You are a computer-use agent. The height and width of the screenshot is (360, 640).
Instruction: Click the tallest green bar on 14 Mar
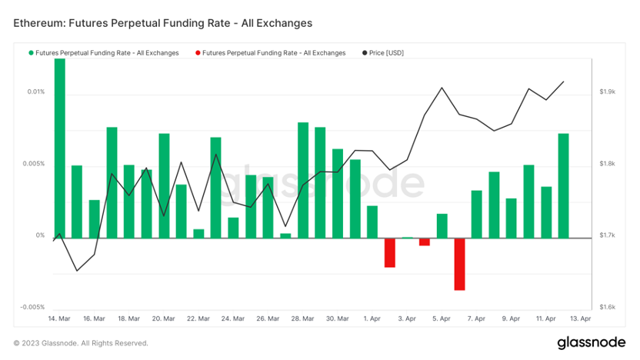pyautogui.click(x=59, y=148)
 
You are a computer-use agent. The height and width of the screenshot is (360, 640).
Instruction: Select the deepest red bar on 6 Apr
pyautogui.click(x=459, y=264)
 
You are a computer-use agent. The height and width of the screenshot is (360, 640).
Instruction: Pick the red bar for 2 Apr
pyautogui.click(x=389, y=252)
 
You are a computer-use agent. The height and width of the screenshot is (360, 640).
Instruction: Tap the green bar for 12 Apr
pyautogui.click(x=564, y=185)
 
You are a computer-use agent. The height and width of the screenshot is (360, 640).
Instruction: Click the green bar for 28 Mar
pyautogui.click(x=303, y=180)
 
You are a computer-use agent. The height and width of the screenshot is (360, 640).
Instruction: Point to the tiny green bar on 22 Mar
pyautogui.click(x=198, y=233)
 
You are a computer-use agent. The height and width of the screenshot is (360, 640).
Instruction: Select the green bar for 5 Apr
pyautogui.click(x=442, y=225)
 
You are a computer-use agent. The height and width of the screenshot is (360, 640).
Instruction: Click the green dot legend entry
pyautogui.click(x=104, y=53)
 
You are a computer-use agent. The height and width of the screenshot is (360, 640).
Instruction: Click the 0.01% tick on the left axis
pyautogui.click(x=36, y=92)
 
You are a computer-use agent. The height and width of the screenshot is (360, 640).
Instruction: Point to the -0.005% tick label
pyautogui.click(x=32, y=307)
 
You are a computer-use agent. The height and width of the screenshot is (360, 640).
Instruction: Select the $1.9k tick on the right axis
pyautogui.click(x=607, y=92)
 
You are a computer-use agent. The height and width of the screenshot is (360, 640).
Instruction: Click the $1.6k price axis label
pyautogui.click(x=607, y=307)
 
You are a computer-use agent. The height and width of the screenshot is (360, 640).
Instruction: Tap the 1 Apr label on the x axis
pyautogui.click(x=372, y=318)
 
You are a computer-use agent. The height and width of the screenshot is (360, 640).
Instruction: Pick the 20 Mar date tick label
pyautogui.click(x=163, y=318)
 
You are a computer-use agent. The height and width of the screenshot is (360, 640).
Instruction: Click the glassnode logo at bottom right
pyautogui.click(x=589, y=341)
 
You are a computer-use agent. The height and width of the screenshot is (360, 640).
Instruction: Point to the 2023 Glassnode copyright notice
pyautogui.click(x=81, y=343)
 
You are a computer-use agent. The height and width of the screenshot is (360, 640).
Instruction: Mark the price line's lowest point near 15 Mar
pyautogui.click(x=77, y=271)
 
